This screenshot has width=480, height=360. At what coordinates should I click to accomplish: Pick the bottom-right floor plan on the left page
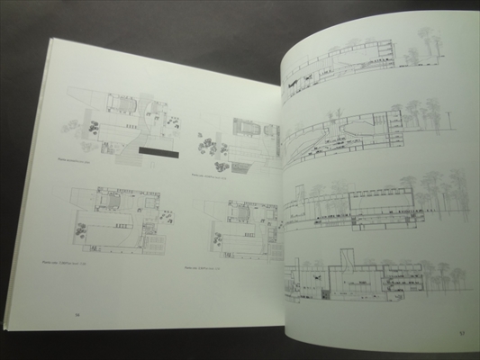pos(239,225)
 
